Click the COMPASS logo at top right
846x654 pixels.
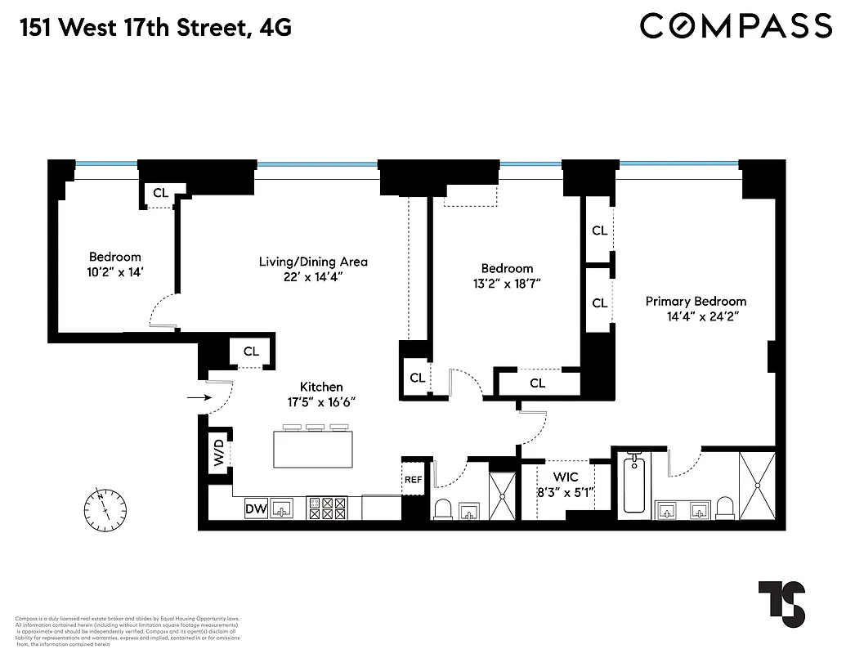[736, 26]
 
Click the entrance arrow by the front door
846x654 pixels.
[197, 398]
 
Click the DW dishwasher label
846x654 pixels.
[256, 509]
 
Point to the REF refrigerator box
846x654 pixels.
[414, 480]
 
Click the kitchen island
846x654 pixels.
[315, 448]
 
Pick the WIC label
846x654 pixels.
[566, 477]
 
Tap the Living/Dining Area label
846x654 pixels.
[313, 262]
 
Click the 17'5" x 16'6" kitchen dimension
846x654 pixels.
[320, 402]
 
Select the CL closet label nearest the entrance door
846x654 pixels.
[251, 352]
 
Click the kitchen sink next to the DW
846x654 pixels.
[284, 509]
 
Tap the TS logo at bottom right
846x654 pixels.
[781, 603]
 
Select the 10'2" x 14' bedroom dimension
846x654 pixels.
[114, 272]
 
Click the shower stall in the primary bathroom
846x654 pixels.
[757, 485]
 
